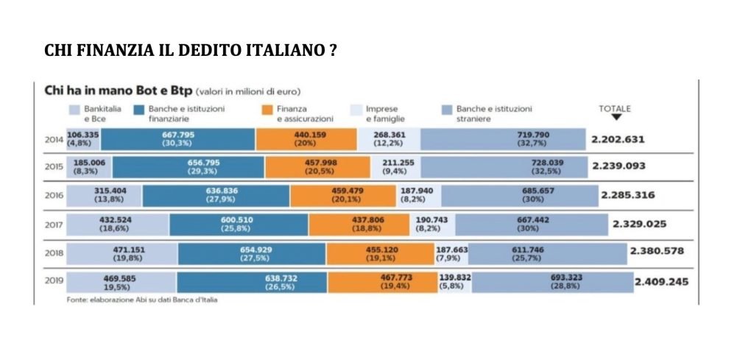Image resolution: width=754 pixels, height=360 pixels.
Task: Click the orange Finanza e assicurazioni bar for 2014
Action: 306,138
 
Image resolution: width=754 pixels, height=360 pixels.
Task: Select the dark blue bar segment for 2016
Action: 216,195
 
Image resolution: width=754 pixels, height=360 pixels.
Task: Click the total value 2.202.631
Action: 619,138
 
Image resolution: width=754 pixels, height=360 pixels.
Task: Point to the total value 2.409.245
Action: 661,281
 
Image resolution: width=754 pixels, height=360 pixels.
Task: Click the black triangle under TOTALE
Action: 616,117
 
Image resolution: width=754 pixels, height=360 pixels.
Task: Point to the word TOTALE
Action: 615,108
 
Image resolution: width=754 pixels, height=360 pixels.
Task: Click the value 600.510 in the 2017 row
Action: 239,220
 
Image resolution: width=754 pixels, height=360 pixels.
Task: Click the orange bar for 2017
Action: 358,224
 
